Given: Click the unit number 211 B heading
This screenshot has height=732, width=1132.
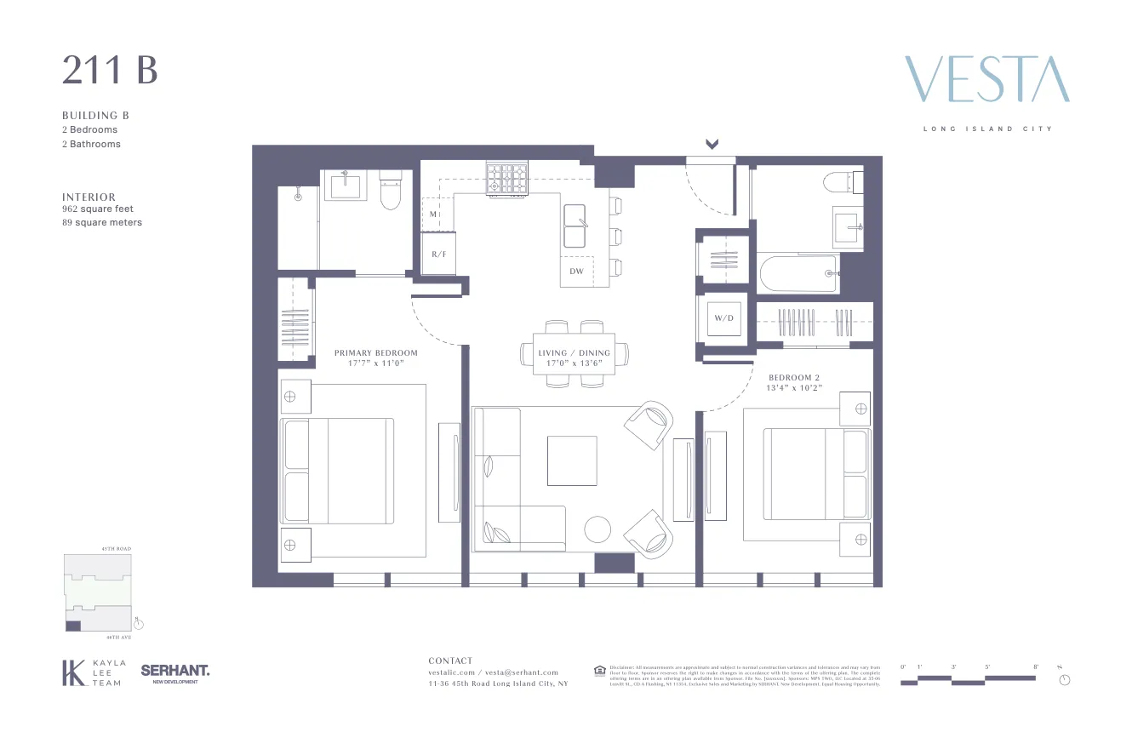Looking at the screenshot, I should pos(110,71).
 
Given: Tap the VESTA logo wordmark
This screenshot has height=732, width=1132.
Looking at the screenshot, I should pos(986,80).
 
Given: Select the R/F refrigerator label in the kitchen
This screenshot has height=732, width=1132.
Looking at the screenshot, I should pos(439,254).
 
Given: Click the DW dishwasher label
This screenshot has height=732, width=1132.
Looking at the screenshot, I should pos(577,272).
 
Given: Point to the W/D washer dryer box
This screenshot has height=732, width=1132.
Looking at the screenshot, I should pos(723,318).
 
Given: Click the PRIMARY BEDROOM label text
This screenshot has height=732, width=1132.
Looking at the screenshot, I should pos(375,353).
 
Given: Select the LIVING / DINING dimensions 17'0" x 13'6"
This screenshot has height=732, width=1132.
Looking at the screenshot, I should pos(575,363).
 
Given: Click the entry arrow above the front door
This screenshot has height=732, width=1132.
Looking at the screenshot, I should pos(712,144).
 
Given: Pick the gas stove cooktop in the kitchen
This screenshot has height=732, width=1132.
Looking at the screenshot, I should pos(506,179).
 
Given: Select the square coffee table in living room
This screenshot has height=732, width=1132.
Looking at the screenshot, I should pos(572,460).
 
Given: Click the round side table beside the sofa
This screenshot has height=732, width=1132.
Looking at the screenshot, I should pos(597,529).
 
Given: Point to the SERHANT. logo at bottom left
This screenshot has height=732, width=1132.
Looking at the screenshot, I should pos(174,672).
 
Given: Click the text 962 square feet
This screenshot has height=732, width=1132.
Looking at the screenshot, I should pos(98,209).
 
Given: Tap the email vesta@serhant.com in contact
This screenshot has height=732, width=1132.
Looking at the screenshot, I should pos(522,672).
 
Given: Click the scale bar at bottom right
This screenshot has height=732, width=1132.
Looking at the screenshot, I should pos(968,679).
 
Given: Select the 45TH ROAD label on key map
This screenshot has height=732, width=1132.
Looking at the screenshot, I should pos(117,549).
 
